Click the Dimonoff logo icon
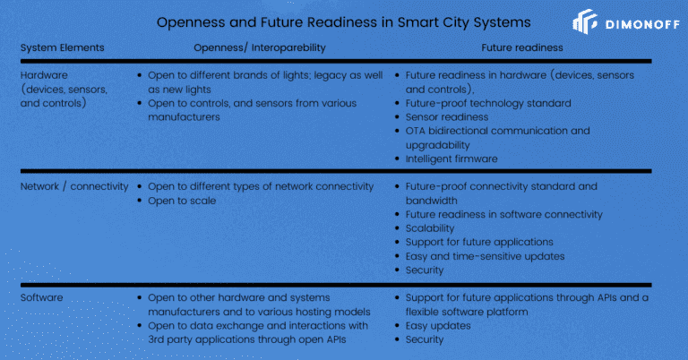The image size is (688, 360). coord(585,21)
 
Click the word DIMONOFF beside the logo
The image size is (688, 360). coord(643,24)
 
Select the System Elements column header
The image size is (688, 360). coord(63,47)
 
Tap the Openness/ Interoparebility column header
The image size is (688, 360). coord(260,47)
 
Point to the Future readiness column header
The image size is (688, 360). coord(522,47)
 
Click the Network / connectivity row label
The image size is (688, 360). coord(74,186)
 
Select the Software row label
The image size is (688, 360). coord(42,297)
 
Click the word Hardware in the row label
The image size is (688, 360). coord(44,75)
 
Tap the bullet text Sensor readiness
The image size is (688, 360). coord(447,117)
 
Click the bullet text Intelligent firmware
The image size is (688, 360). coord(451,159)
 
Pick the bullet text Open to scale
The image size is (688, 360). coord(182,201)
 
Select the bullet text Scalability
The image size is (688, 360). coord(430,228)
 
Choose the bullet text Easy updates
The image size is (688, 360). coord(438,326)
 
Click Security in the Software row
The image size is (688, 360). coord(425,339)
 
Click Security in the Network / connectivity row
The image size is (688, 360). coord(425,270)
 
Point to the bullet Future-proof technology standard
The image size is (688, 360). coord(488,103)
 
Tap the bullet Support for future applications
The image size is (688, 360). coord(479,242)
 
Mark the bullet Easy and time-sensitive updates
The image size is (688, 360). coord(485,256)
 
